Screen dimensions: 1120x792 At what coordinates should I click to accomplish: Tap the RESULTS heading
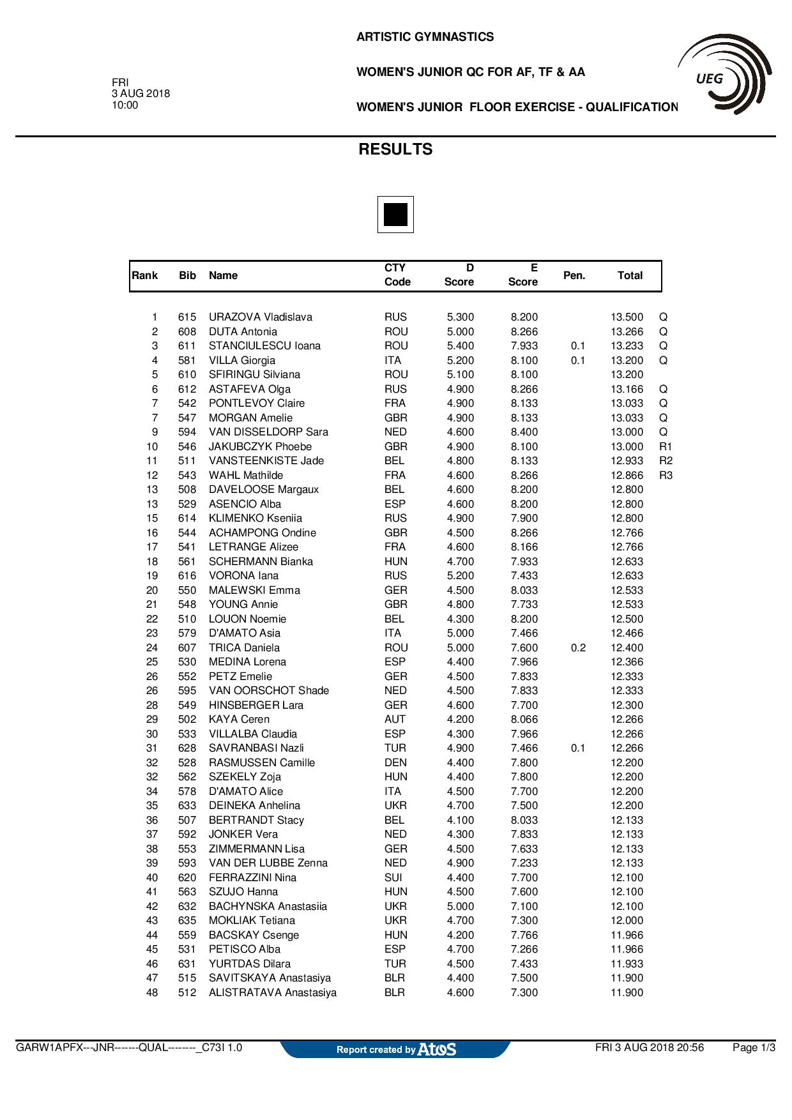pyautogui.click(x=395, y=149)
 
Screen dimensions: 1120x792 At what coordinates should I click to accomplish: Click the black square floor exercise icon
pyautogui.click(x=395, y=215)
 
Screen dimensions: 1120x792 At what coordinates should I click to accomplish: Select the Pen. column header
pyautogui.click(x=574, y=275)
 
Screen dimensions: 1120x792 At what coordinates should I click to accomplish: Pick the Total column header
pyautogui.click(x=630, y=275)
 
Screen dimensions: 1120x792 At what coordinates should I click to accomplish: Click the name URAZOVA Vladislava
pyautogui.click(x=261, y=317)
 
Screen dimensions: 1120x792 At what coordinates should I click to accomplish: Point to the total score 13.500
pyautogui.click(x=627, y=317)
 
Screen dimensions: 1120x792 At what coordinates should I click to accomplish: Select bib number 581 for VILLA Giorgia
pyautogui.click(x=187, y=360)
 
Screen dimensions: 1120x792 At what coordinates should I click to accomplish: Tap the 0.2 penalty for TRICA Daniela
pyautogui.click(x=578, y=647)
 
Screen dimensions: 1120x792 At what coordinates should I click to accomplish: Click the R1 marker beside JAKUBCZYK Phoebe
pyautogui.click(x=666, y=446)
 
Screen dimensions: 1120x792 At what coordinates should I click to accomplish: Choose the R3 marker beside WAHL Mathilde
pyautogui.click(x=666, y=475)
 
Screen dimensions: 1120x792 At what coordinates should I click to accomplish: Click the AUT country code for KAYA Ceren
pyautogui.click(x=395, y=720)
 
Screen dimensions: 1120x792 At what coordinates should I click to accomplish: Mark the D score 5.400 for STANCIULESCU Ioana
pyautogui.click(x=460, y=346)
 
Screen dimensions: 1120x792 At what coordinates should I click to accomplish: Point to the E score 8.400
pyautogui.click(x=524, y=432)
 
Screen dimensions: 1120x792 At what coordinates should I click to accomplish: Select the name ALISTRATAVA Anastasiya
pyautogui.click(x=273, y=993)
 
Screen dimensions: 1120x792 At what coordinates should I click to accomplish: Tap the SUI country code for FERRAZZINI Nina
pyautogui.click(x=393, y=877)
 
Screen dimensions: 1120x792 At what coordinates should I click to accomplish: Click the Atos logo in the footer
pyautogui.click(x=437, y=1049)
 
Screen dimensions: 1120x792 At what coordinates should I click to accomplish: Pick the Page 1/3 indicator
pyautogui.click(x=754, y=1048)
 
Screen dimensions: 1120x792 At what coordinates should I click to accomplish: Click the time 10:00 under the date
pyautogui.click(x=125, y=105)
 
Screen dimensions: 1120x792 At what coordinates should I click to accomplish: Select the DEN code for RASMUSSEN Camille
pyautogui.click(x=395, y=762)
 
